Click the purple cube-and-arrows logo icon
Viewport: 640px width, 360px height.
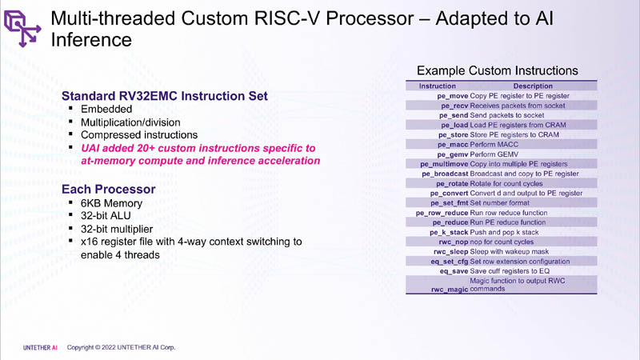[x=22, y=29]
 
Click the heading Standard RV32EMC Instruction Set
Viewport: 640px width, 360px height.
[x=165, y=96]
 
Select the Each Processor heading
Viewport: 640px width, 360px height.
[x=109, y=190]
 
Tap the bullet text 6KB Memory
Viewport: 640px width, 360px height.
[x=111, y=203]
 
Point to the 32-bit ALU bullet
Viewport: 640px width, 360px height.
[x=106, y=216]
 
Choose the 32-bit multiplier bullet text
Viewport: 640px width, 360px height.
[x=117, y=229]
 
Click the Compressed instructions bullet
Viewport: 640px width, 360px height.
[x=139, y=134]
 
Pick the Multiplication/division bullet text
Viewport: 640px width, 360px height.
[x=130, y=122]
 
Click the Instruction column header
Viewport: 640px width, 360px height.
[x=437, y=86]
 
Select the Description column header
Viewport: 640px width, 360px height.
[x=533, y=86]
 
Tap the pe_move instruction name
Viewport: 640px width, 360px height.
[x=453, y=96]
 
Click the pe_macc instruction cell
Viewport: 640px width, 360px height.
[x=453, y=145]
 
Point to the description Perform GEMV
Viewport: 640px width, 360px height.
[x=494, y=154]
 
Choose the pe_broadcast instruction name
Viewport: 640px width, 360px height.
[x=445, y=174]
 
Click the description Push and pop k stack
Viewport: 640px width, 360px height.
[x=504, y=232]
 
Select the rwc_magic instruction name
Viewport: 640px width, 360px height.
[x=450, y=290]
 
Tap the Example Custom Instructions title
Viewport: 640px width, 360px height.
[x=497, y=70]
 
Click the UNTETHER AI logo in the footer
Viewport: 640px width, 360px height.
[x=40, y=348]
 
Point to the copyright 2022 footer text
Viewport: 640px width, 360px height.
[x=122, y=347]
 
